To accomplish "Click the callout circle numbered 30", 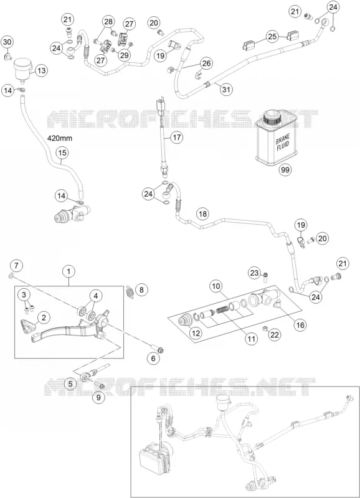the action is (x=7, y=42).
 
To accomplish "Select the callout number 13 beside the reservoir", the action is (x=42, y=70).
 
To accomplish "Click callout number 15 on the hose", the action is (x=62, y=153).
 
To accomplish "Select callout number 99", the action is (x=285, y=170).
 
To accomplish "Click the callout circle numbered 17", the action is (x=177, y=138).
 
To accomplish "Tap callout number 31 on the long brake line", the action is (x=226, y=89).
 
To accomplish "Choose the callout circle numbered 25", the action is (x=272, y=37).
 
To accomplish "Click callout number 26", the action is (x=207, y=63).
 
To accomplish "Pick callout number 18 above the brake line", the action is (x=202, y=214).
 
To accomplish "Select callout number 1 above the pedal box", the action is (x=69, y=271).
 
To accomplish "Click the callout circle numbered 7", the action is (x=17, y=265).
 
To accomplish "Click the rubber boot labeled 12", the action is (x=185, y=322).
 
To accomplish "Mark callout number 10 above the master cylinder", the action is (x=216, y=286).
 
